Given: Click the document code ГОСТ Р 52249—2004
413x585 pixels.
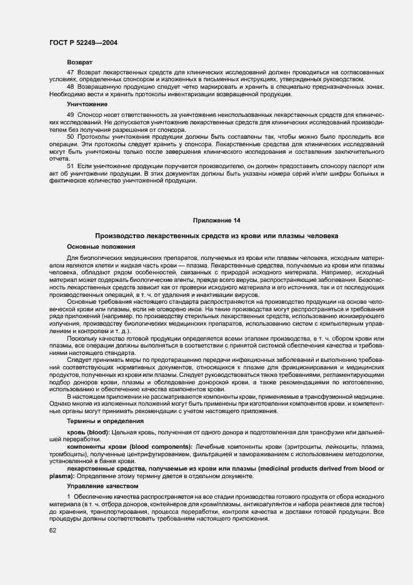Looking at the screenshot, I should (83, 42).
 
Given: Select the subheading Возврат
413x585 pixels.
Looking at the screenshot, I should (79, 63).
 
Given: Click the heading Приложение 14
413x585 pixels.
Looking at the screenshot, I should (216, 221).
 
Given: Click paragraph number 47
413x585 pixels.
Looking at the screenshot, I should (70, 73).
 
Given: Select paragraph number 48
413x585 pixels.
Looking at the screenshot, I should (70, 87).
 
